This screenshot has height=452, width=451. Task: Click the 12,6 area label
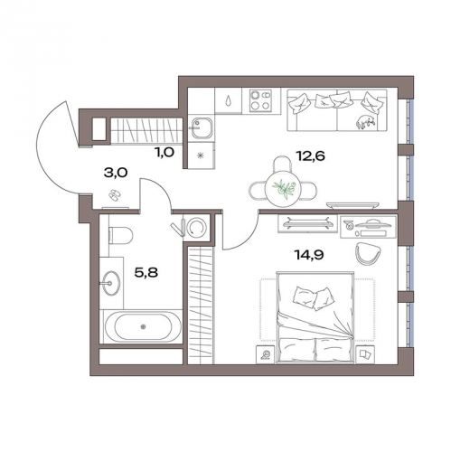(x=311, y=156)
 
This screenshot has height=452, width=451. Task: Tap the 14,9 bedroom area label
(x=309, y=255)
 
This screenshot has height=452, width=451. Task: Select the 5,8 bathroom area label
(x=146, y=273)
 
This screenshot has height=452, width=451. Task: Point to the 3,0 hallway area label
(x=116, y=174)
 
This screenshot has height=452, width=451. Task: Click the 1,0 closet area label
(x=164, y=153)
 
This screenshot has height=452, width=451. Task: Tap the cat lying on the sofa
(x=366, y=122)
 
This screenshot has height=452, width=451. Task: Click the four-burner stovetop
(x=260, y=100)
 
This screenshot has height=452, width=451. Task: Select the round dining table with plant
(x=283, y=189)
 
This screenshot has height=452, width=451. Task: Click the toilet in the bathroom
(x=120, y=236)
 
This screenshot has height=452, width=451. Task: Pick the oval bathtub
(x=143, y=327)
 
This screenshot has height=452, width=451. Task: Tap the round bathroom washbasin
(x=110, y=283)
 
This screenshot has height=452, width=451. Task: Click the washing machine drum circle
(x=196, y=227)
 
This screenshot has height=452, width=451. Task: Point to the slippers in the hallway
(x=114, y=195)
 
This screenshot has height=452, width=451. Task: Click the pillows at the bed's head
(x=314, y=298)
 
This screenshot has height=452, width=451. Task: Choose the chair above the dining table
(x=283, y=165)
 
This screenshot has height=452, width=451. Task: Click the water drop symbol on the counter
(x=228, y=101)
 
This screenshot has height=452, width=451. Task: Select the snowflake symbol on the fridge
(x=200, y=155)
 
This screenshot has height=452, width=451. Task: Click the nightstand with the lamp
(x=265, y=354)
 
